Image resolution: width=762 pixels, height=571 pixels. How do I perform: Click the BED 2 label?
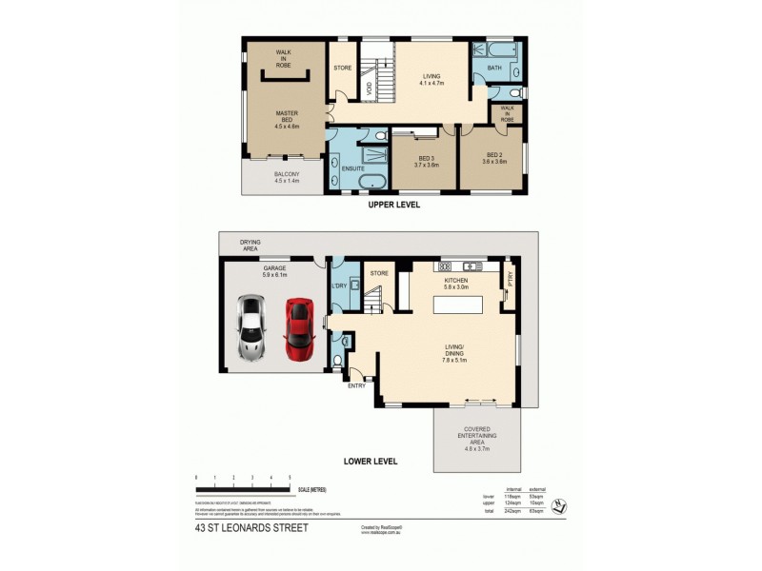pos(494,158)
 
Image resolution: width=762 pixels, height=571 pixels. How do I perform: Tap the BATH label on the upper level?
pos(492,68)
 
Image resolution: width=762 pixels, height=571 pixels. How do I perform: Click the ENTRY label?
pos(357,385)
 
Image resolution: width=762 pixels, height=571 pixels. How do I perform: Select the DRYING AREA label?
pos(251,246)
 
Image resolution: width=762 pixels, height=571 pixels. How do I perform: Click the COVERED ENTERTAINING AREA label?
pos(477,434)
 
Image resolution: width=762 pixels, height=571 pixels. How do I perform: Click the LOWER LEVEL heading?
pos(371,462)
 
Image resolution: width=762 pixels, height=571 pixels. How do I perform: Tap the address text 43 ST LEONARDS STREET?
pos(251,526)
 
